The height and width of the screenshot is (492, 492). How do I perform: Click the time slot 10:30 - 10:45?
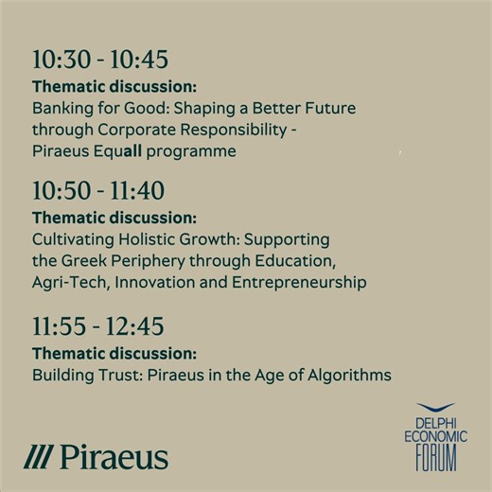pyautogui.click(x=99, y=61)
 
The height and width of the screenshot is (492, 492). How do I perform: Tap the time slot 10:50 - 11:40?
pyautogui.click(x=98, y=191)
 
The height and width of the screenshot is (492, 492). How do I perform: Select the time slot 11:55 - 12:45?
pyautogui.click(x=98, y=327)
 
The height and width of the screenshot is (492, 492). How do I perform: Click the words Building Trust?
pyautogui.click(x=81, y=376)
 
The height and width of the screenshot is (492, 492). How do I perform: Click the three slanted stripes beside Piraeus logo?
pyautogui.click(x=39, y=458)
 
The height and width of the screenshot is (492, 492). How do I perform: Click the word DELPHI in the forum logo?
pyautogui.click(x=435, y=423)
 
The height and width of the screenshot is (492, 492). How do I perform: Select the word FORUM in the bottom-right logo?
pyautogui.click(x=435, y=459)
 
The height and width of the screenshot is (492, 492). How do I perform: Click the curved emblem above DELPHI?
pyautogui.click(x=435, y=409)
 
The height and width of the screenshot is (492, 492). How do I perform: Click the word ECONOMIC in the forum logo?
pyautogui.click(x=435, y=438)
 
